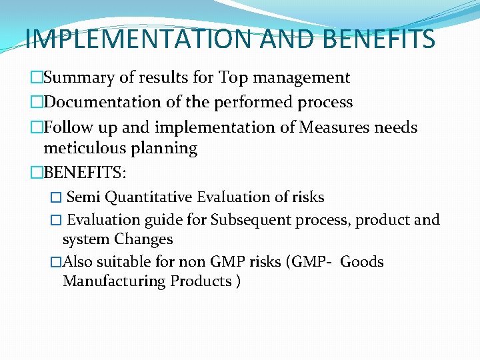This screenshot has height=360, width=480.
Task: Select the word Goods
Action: (x=362, y=262)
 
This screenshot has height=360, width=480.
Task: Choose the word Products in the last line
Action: (x=201, y=281)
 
